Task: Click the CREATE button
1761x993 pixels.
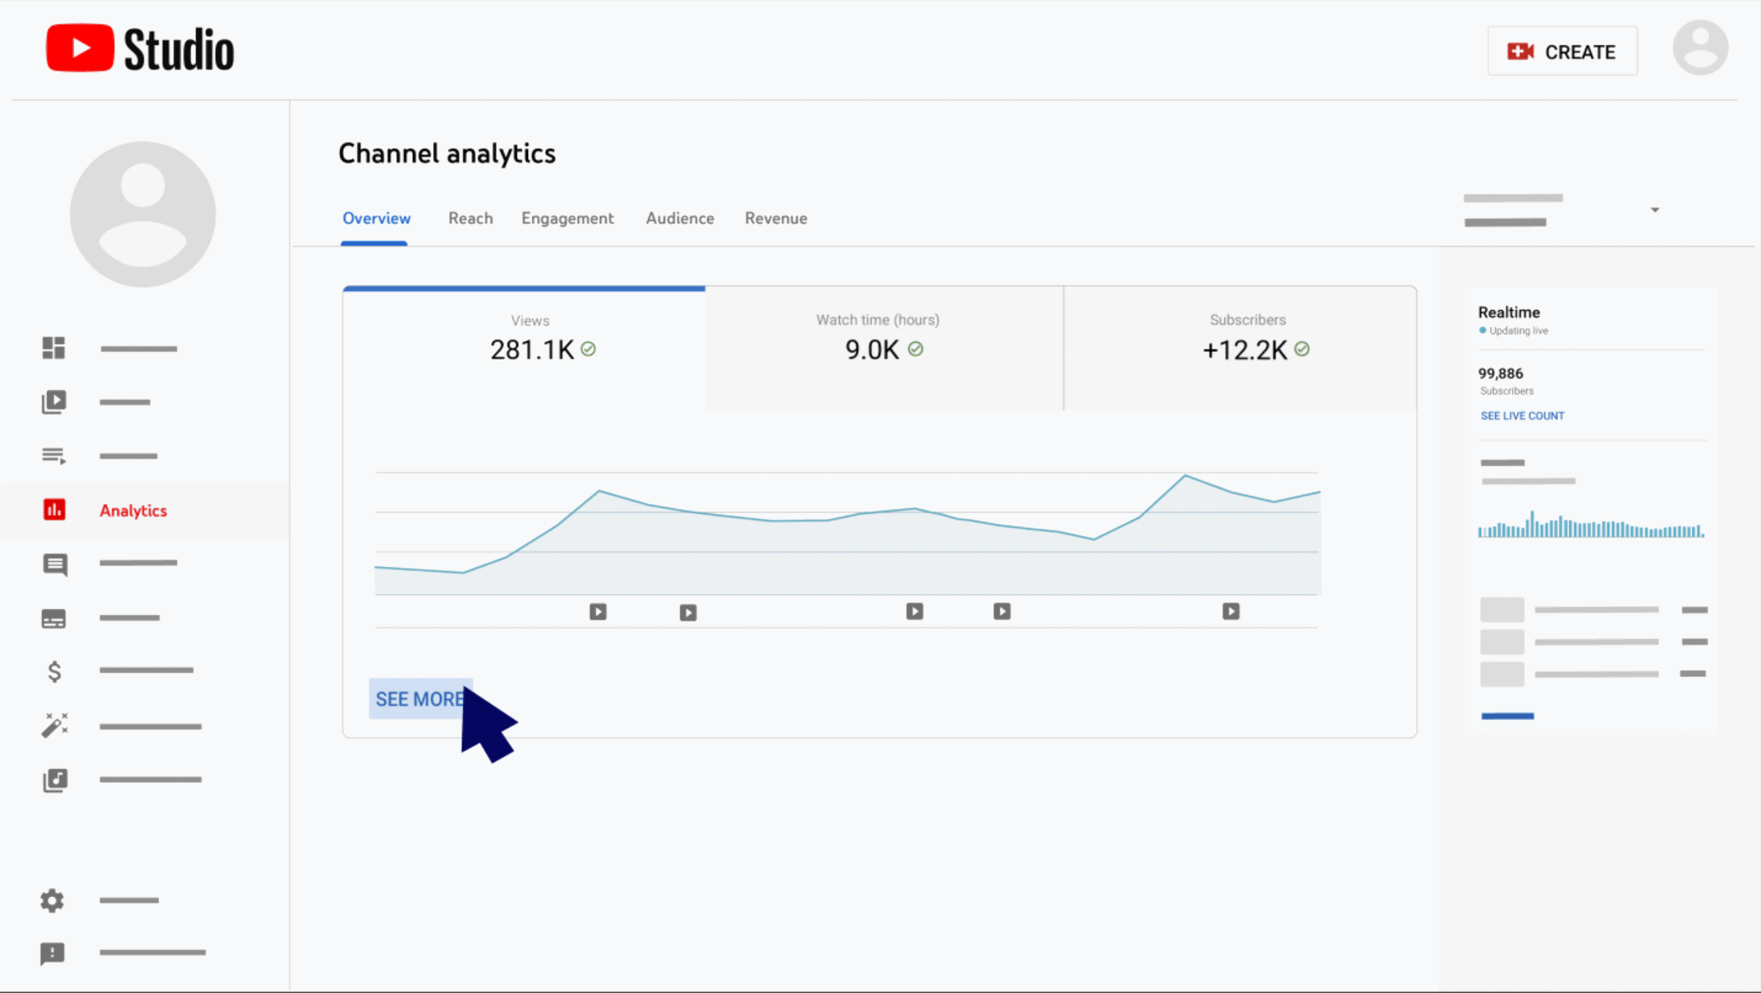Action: (1562, 52)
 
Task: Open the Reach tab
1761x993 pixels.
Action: (470, 218)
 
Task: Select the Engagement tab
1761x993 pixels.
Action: (567, 218)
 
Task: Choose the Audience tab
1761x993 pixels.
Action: (680, 218)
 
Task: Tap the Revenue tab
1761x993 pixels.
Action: (776, 218)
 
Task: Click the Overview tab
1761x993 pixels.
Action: (376, 218)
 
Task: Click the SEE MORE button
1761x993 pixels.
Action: (419, 699)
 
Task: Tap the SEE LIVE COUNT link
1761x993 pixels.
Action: (1522, 416)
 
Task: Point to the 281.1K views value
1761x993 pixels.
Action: (532, 350)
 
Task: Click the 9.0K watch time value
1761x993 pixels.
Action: (872, 350)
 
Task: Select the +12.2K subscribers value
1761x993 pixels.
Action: (1245, 350)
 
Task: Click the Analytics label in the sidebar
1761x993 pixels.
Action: (133, 510)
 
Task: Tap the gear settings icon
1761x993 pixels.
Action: (53, 900)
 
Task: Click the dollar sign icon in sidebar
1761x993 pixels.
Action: (54, 671)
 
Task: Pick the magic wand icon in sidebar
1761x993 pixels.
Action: (54, 725)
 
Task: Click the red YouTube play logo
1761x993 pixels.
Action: (80, 48)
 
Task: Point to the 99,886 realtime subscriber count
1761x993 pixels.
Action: (1500, 373)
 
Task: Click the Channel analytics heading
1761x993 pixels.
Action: (447, 153)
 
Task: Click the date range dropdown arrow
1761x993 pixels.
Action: (1654, 210)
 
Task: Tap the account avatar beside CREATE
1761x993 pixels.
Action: (1700, 48)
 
